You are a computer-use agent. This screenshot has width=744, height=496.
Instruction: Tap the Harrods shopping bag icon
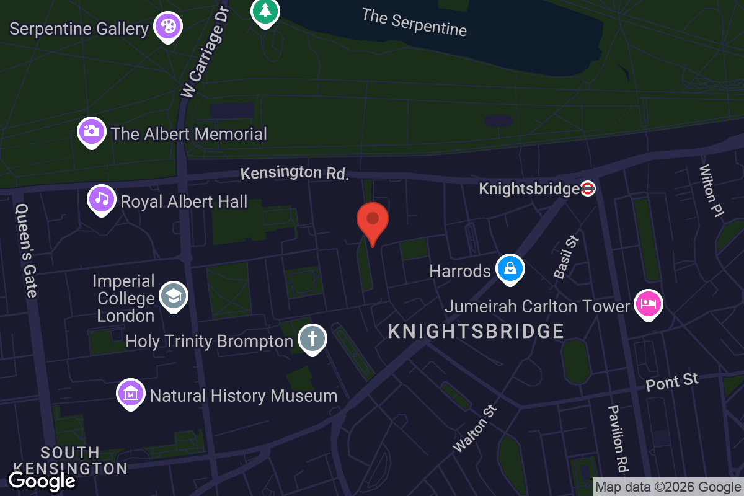(x=510, y=269)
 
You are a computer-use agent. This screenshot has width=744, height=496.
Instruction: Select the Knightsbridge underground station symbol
(x=588, y=188)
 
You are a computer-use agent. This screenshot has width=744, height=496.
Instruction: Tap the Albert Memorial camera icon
(x=91, y=131)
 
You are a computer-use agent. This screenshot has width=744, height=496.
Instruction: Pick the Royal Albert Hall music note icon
(x=102, y=199)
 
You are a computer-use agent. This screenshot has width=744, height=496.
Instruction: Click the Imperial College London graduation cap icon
(x=173, y=296)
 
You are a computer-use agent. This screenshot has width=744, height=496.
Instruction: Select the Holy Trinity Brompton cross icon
(x=312, y=339)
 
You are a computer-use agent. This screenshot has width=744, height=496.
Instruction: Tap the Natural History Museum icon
(x=131, y=393)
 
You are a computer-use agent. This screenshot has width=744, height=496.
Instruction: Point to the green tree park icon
(x=265, y=11)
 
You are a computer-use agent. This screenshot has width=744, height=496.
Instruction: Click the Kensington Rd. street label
(x=294, y=173)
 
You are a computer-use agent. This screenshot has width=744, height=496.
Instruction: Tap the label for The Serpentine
(x=414, y=22)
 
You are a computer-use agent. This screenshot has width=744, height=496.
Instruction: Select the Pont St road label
(x=672, y=382)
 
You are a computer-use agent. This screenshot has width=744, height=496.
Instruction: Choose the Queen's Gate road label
(x=27, y=250)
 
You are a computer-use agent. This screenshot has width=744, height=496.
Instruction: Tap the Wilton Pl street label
(x=712, y=191)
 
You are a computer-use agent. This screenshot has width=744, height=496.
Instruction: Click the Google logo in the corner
(x=42, y=480)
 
